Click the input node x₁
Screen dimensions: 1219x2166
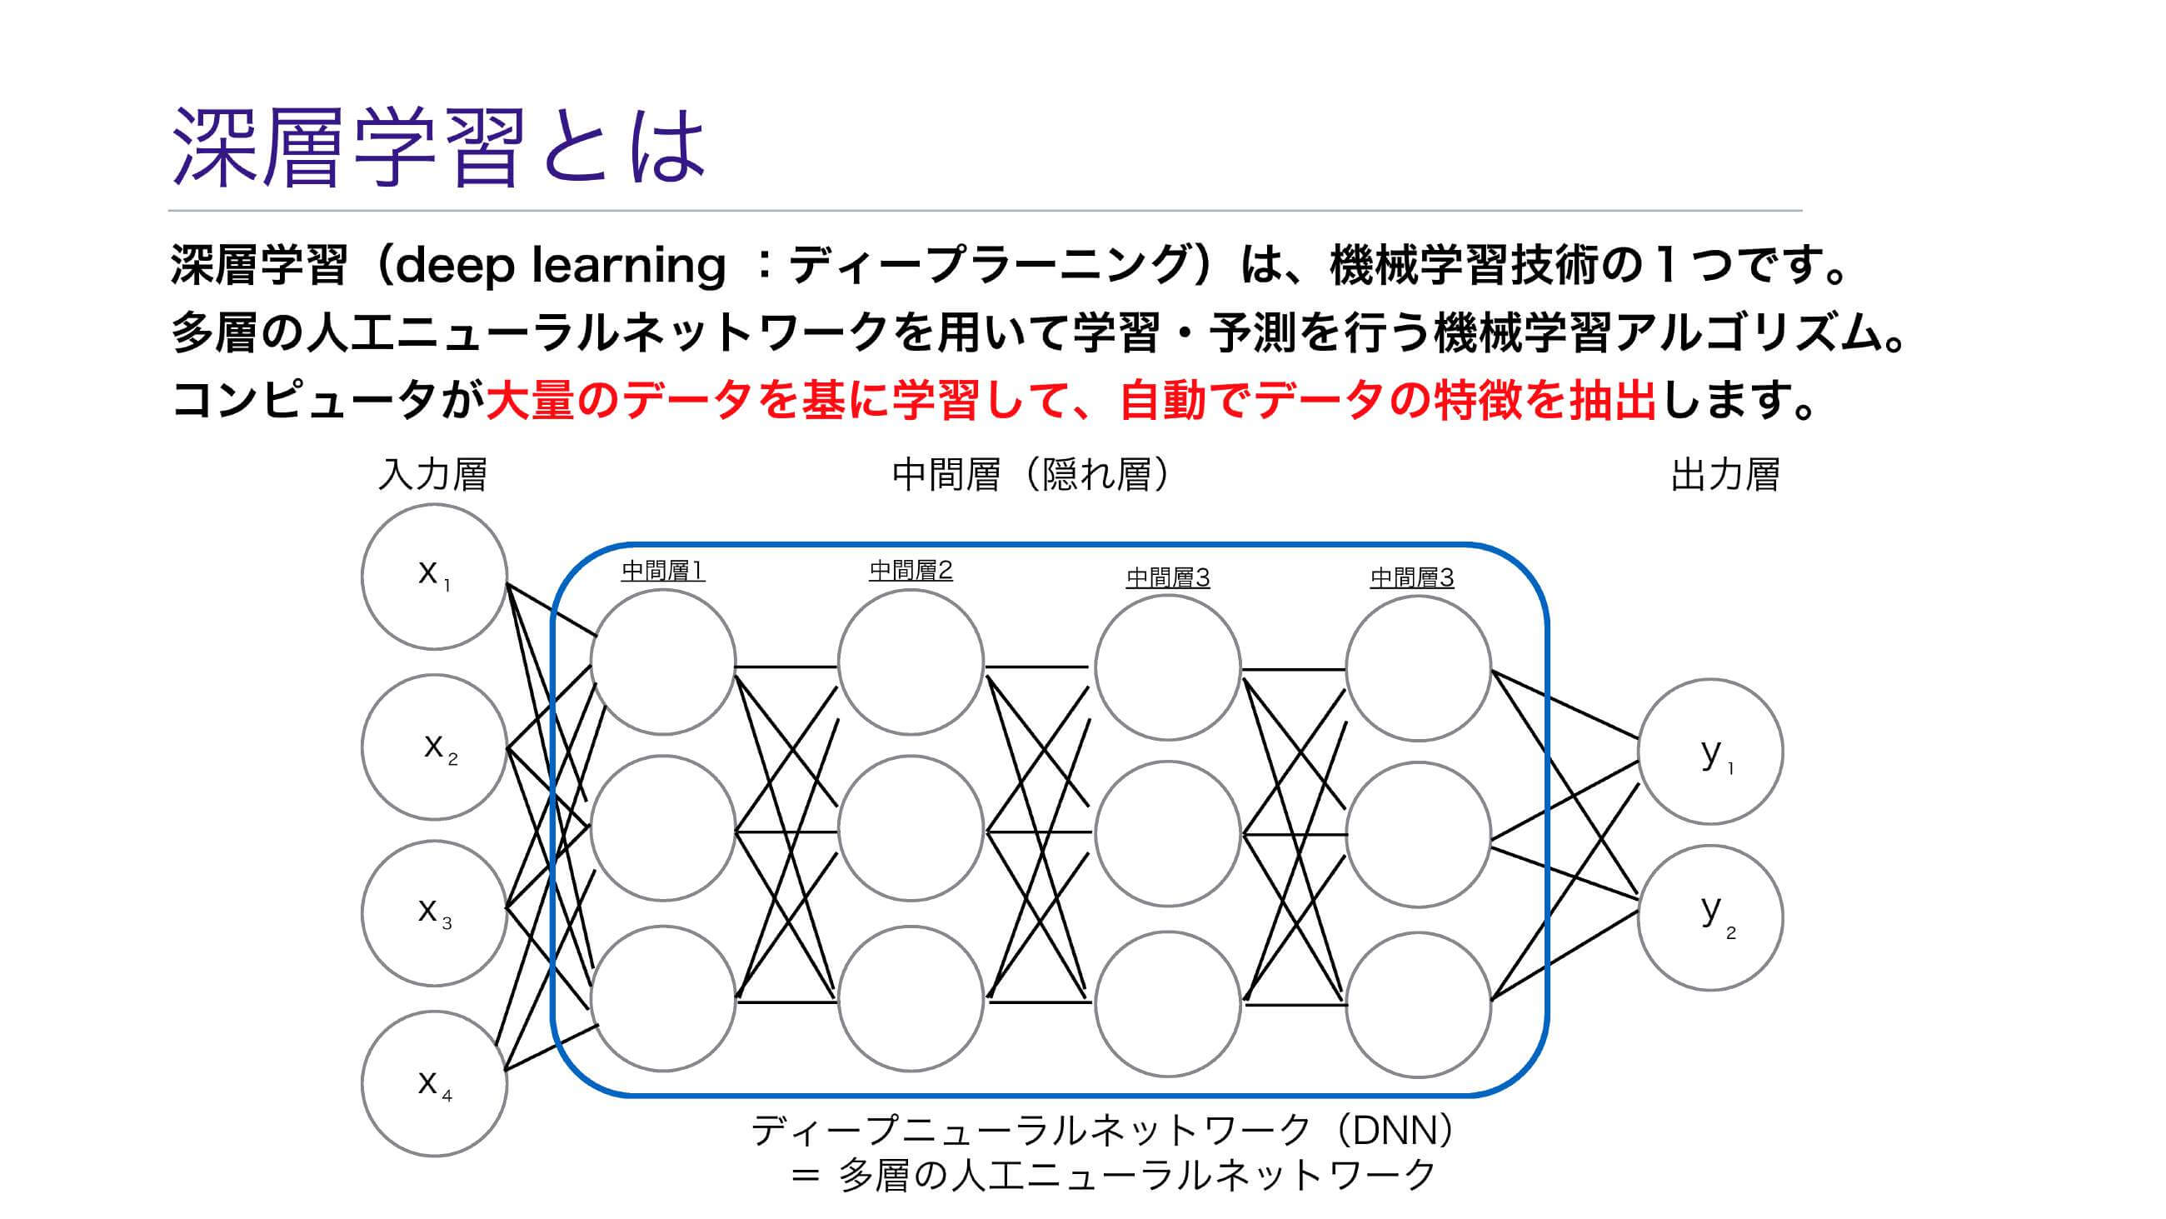(434, 577)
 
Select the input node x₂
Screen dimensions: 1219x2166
(434, 747)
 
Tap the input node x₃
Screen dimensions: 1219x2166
(434, 913)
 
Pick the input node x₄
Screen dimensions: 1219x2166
(434, 1083)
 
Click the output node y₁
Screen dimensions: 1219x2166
(1710, 752)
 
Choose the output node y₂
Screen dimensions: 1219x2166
(1710, 918)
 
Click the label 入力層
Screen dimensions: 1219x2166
(432, 475)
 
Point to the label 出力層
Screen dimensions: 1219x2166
(1724, 475)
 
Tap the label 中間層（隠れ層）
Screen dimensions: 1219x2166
(1031, 475)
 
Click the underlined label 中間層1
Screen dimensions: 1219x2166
(662, 572)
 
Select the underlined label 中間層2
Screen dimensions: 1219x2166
(911, 572)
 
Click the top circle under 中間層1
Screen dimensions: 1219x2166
(662, 662)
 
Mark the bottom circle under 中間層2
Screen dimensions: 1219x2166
(911, 998)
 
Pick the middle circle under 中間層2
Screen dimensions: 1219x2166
(911, 829)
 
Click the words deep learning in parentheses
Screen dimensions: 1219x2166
(558, 266)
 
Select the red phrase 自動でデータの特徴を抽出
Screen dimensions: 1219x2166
(1387, 400)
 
